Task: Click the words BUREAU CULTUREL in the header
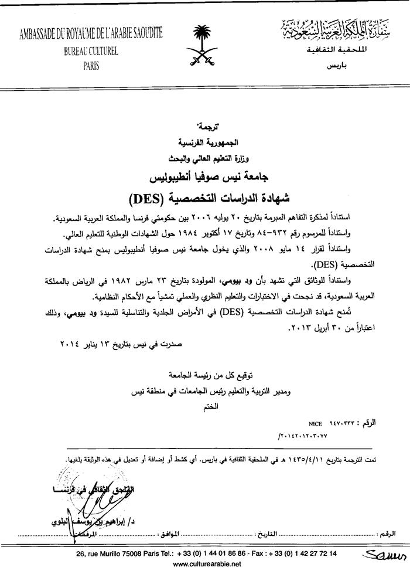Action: pos(91,52)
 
